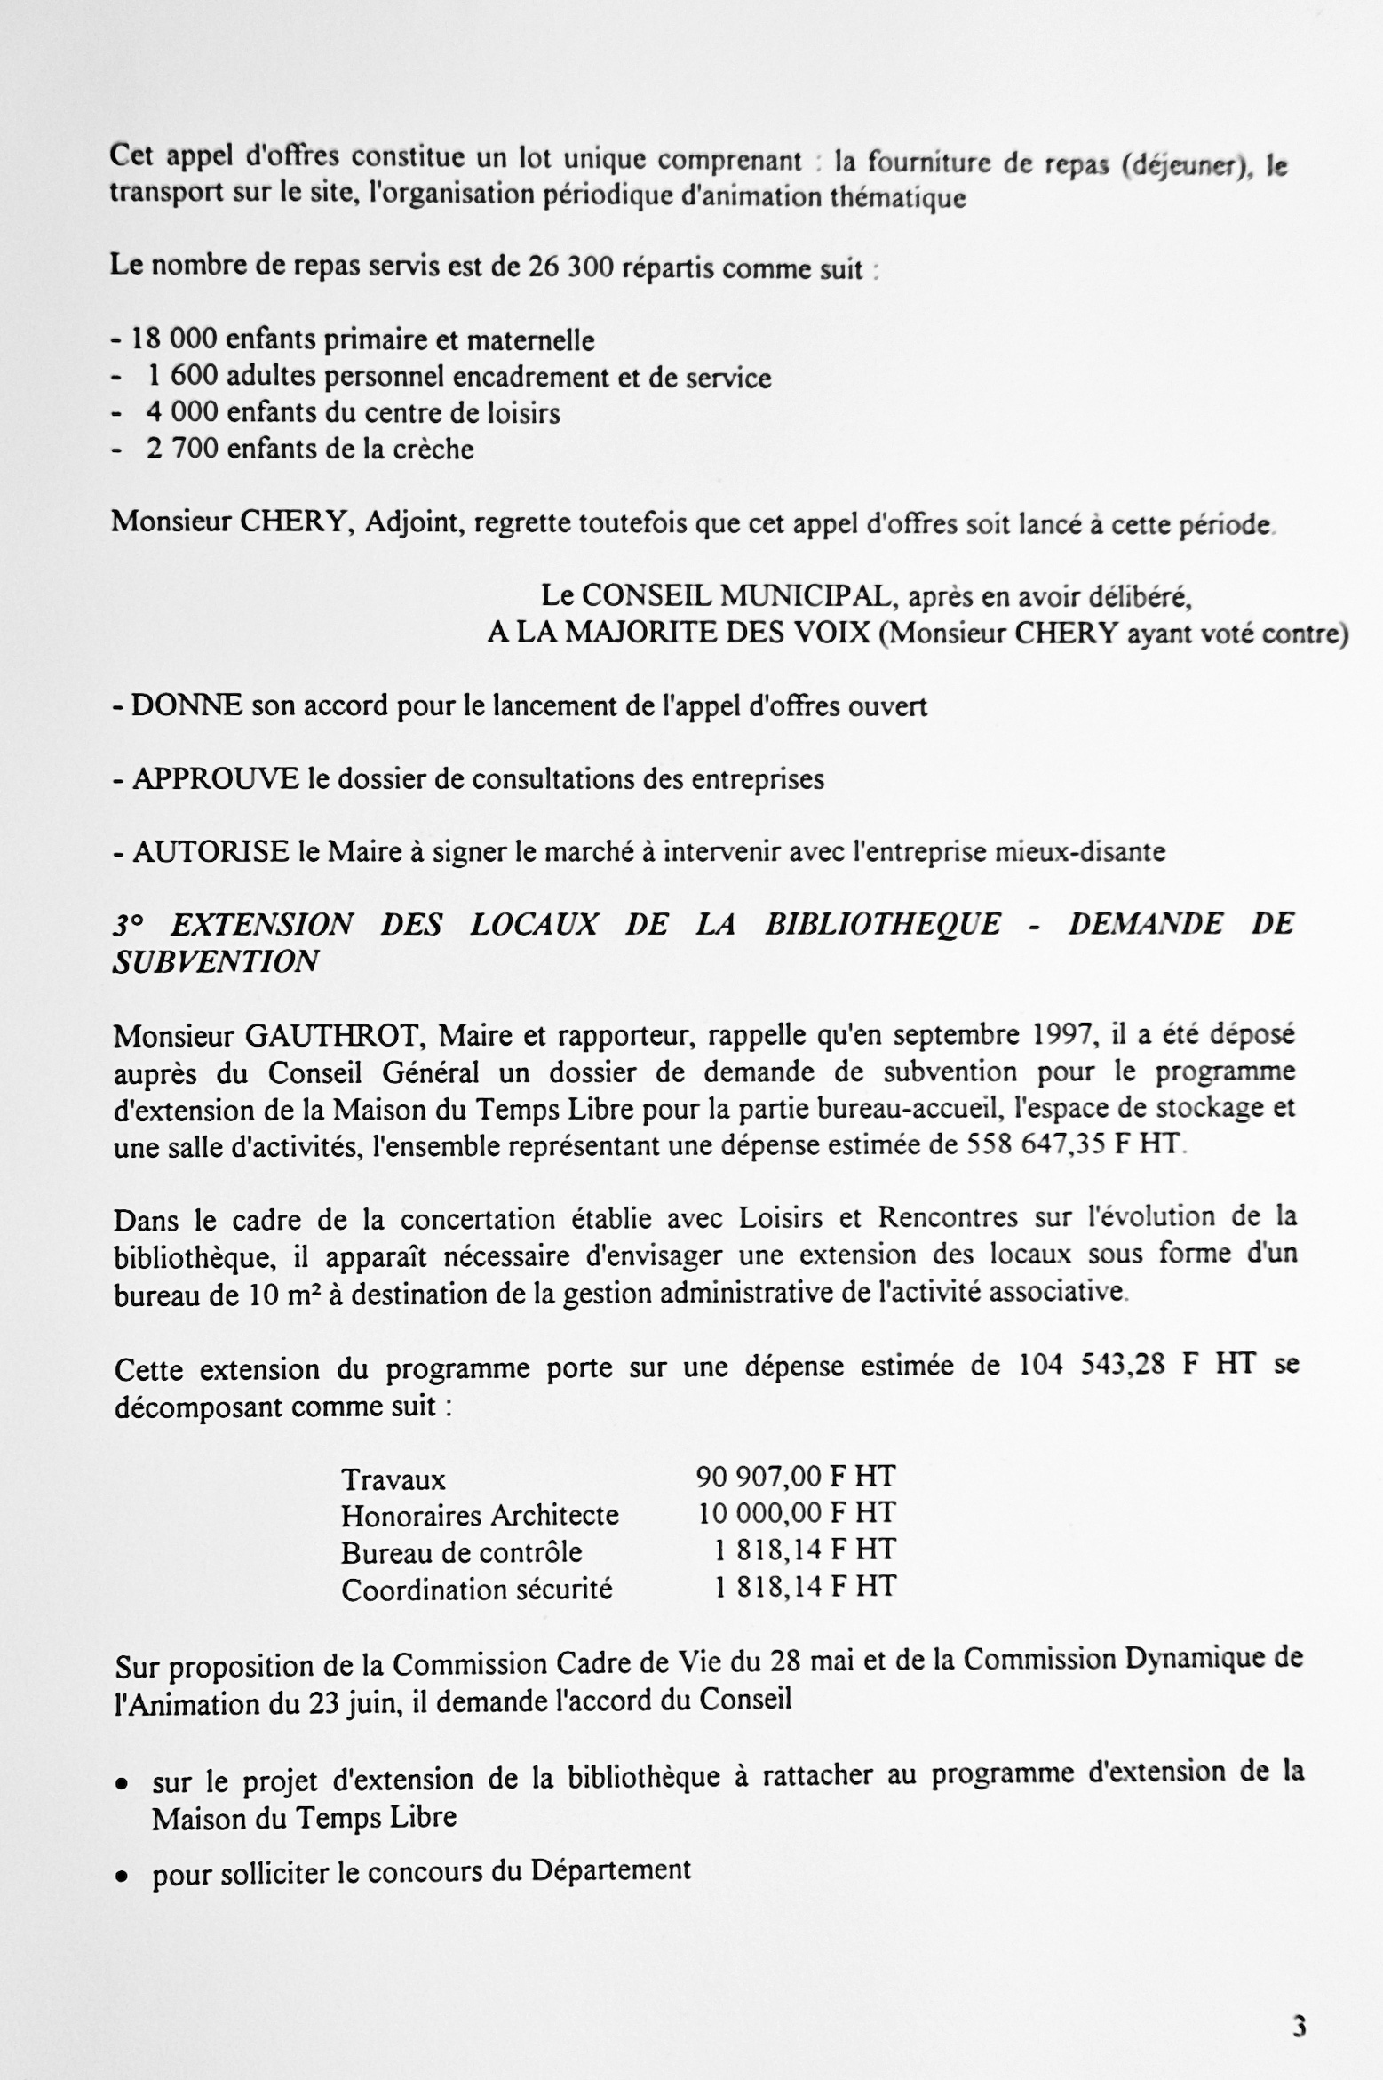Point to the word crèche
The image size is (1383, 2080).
pos(434,450)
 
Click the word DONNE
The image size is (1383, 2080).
pos(187,706)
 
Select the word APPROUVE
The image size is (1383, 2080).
pos(216,779)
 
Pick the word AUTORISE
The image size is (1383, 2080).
pos(211,852)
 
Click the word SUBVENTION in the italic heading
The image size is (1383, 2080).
pos(215,962)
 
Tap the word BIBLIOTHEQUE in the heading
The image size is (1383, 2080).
pos(882,925)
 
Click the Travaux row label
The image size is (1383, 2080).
pos(393,1479)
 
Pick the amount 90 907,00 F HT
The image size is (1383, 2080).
pos(795,1477)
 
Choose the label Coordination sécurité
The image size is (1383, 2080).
pos(476,1590)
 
